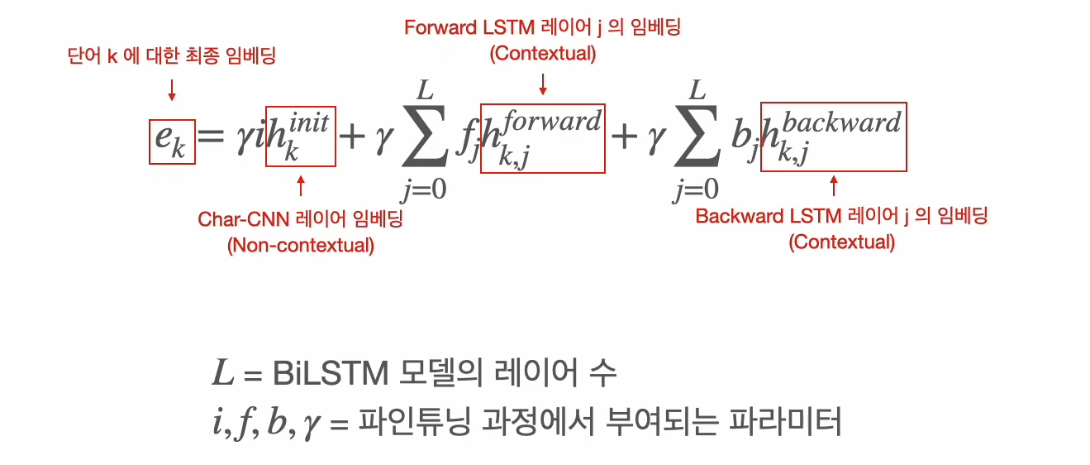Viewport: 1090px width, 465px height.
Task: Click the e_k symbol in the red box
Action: tap(171, 141)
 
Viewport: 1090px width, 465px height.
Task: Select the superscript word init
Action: tap(310, 122)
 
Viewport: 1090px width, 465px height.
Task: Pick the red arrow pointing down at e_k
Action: tap(172, 89)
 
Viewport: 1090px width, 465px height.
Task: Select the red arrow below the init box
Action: tap(300, 185)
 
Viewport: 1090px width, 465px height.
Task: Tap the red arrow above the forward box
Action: tap(543, 83)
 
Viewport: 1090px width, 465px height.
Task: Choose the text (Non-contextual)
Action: tap(300, 246)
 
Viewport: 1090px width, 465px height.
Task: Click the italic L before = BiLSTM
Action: tap(222, 375)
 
